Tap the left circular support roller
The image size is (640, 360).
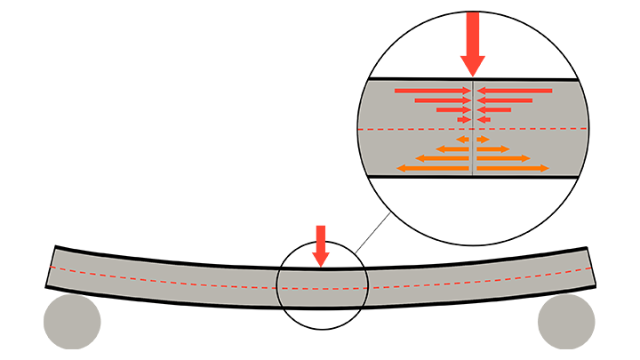click(72, 322)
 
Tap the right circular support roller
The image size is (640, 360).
click(566, 322)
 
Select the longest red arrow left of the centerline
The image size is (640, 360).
click(432, 91)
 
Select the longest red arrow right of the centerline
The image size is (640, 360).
click(515, 91)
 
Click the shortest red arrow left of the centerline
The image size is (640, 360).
click(464, 119)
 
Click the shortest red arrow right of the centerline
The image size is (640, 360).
click(483, 119)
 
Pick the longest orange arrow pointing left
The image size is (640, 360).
click(433, 168)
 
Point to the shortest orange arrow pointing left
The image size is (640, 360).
click(462, 140)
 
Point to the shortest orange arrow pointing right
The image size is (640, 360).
click(483, 140)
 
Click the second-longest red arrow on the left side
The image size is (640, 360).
click(442, 100)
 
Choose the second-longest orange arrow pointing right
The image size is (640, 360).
click(503, 158)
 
